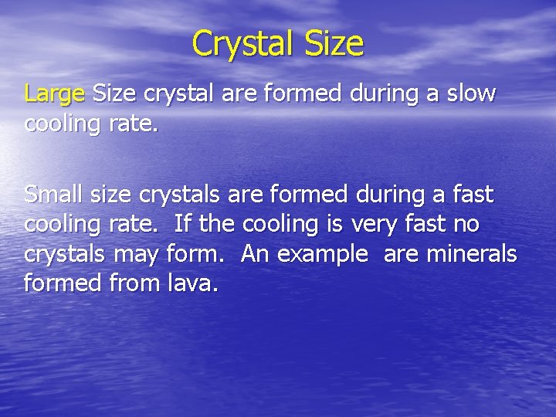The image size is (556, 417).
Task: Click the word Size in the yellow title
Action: click(x=334, y=43)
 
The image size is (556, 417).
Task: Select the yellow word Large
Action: click(x=54, y=95)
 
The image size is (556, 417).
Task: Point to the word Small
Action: click(x=55, y=194)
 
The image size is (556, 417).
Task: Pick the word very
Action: click(x=375, y=224)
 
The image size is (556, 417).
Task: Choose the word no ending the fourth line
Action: click(x=466, y=224)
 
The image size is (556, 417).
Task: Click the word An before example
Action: click(x=255, y=254)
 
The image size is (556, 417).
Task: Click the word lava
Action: click(x=193, y=283)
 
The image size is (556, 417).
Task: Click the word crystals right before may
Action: click(x=66, y=255)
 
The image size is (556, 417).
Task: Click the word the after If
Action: click(x=219, y=224)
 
